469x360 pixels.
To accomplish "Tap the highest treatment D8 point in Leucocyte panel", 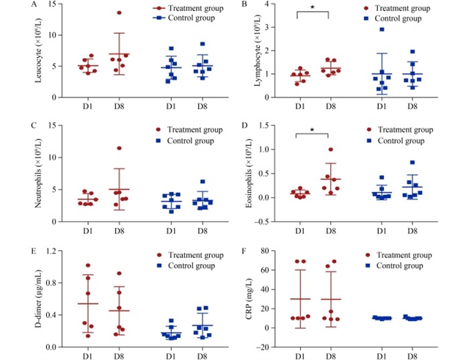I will coord(119,12).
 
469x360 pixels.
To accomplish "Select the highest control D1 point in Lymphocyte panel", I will coord(382,29).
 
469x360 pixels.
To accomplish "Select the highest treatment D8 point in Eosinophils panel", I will coord(332,150).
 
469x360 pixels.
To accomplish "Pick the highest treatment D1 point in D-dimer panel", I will coord(88,265).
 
